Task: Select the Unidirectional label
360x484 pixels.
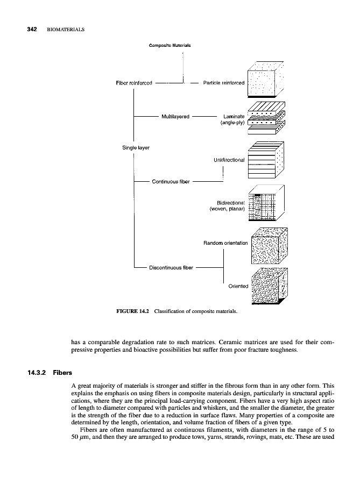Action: [229, 160]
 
